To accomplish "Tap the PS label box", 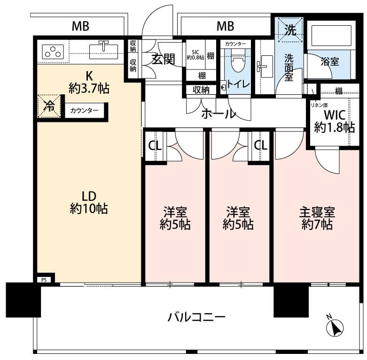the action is click(x=44, y=280).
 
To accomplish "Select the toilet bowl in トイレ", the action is click(x=237, y=62).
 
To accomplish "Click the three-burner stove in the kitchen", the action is click(x=53, y=52).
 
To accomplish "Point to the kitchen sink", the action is click(x=103, y=52).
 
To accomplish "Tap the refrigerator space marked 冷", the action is click(x=49, y=106).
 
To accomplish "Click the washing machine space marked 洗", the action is click(x=290, y=30).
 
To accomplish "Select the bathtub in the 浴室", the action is click(x=331, y=35).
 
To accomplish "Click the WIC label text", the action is click(x=335, y=115).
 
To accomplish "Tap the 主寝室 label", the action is click(x=317, y=212).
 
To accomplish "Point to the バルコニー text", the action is click(x=196, y=317).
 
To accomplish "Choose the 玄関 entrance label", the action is click(x=163, y=59).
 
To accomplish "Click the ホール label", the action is click(x=219, y=114).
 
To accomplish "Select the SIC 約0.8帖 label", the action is click(x=195, y=55).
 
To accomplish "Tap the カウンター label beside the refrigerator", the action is click(x=84, y=110).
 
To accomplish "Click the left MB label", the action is click(x=80, y=26).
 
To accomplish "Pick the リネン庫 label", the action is click(x=319, y=105).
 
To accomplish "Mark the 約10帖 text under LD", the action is click(x=89, y=208).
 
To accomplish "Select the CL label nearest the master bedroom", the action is click(x=261, y=146).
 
